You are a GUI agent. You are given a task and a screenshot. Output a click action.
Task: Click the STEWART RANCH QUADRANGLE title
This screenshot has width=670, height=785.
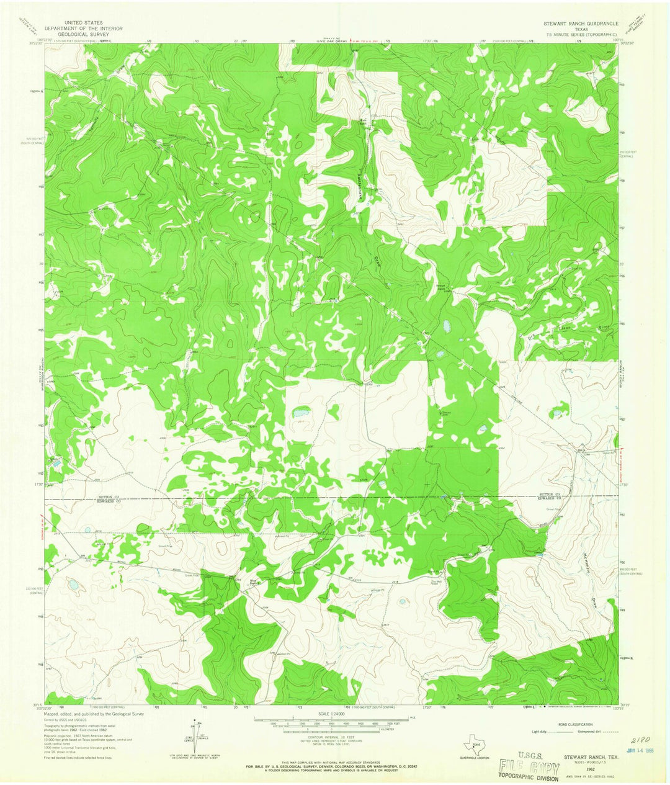580,23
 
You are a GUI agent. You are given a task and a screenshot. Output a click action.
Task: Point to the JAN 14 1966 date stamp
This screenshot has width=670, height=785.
638,751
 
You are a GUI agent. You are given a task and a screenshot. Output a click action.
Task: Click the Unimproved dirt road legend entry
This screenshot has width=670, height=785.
596,732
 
